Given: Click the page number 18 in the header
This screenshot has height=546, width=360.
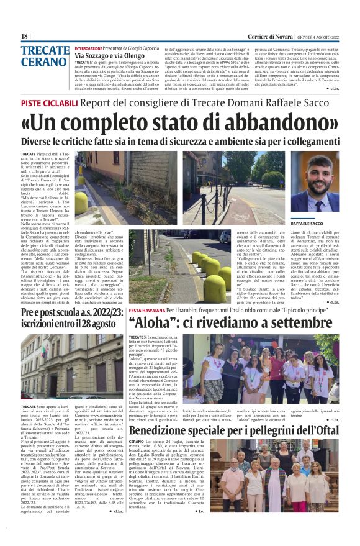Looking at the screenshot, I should tap(25, 37).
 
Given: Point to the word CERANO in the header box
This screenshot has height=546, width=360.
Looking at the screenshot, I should tap(42, 63).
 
